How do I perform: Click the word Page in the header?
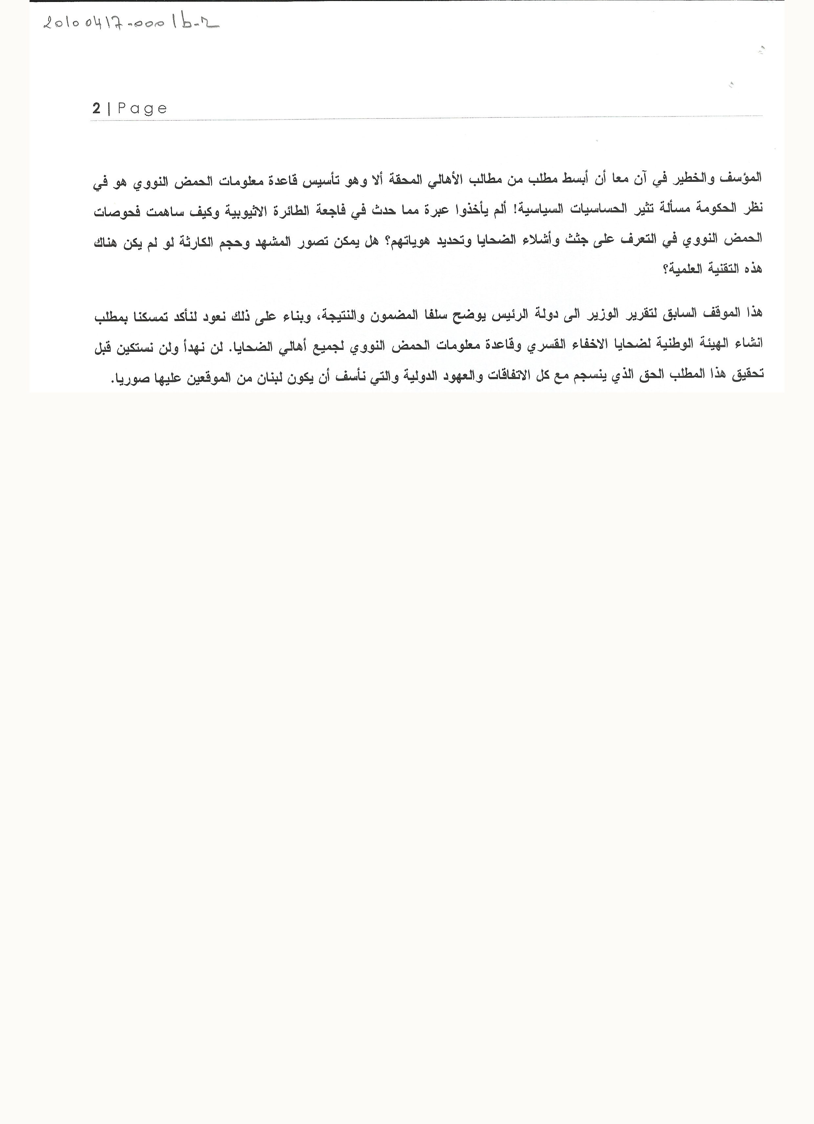[x=142, y=109]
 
